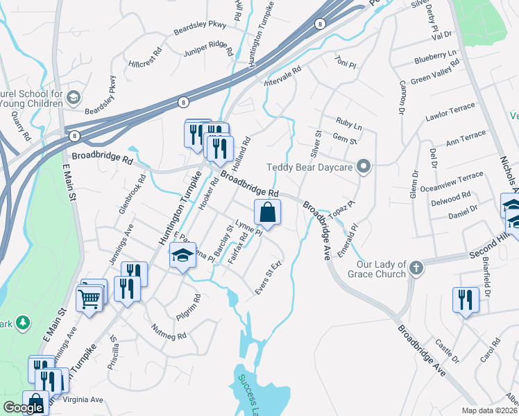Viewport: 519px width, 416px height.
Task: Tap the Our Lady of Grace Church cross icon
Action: [x=416, y=268]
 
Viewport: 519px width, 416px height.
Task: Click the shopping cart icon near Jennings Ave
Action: [x=90, y=300]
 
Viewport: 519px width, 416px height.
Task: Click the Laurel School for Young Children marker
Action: [x=74, y=98]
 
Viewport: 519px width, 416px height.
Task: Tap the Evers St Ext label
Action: [x=269, y=278]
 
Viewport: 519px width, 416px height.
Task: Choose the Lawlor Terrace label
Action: [x=450, y=112]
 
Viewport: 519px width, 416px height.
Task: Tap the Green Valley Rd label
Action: [x=435, y=71]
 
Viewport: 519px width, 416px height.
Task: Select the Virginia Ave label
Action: [x=83, y=399]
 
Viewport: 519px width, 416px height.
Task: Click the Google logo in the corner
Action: [x=23, y=408]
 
